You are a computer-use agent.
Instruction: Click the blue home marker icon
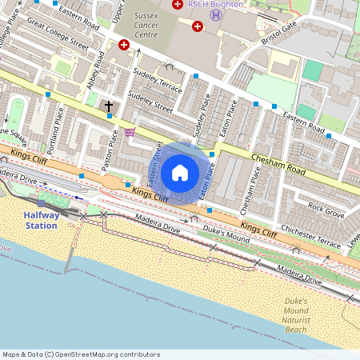180,173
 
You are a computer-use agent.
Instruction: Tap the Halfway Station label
40,220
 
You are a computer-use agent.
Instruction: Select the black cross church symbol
110,105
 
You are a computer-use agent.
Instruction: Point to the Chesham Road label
279,165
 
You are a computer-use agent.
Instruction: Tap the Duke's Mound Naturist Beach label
296,315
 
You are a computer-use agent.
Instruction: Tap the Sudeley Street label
151,103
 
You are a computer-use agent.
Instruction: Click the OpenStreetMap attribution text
81,354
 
